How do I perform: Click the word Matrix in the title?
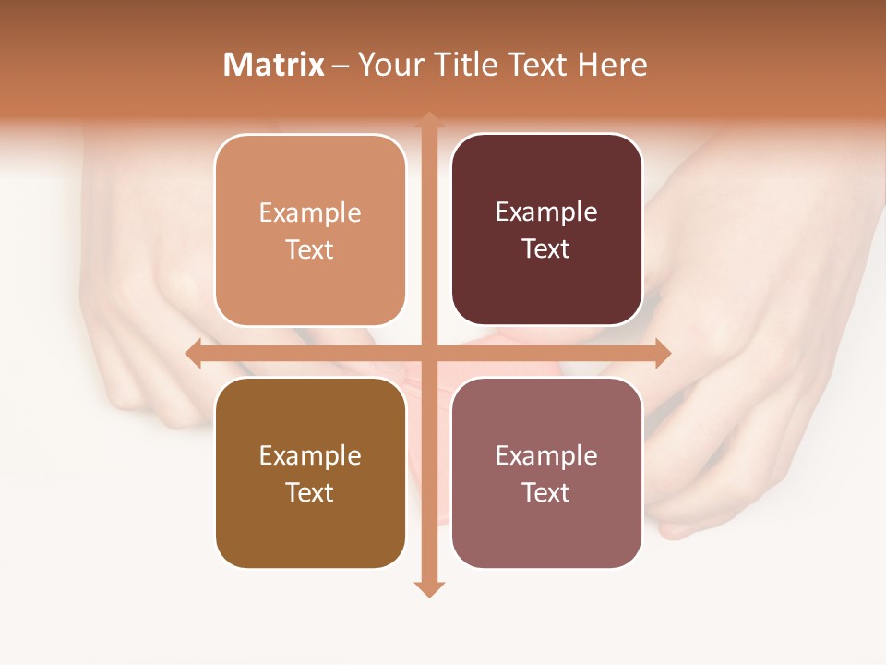274,65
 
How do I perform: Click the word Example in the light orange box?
310,213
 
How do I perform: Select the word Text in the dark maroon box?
546,249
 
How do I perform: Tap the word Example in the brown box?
310,456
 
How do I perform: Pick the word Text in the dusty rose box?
546,492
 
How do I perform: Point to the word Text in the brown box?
310,492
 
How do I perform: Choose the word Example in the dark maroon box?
546,212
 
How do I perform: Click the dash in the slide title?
341,66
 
